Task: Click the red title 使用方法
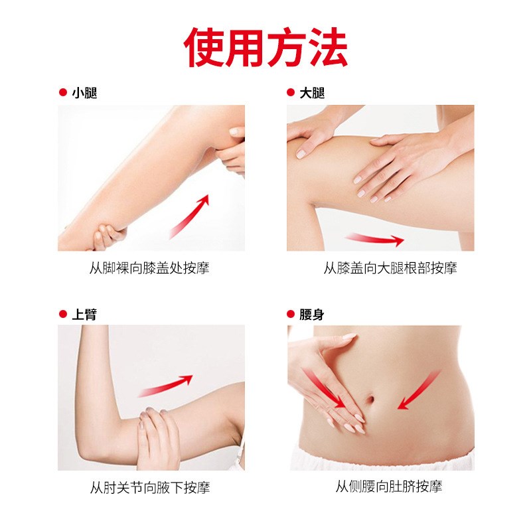(265, 47)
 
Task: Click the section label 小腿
(84, 93)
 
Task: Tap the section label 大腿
(312, 93)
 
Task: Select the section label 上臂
(84, 314)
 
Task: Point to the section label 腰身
(312, 314)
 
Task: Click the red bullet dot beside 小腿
(62, 93)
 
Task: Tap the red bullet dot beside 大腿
(290, 93)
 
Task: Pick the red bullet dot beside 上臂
(62, 314)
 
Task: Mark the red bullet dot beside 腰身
(290, 314)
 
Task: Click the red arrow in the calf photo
(189, 216)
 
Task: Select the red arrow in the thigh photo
(374, 239)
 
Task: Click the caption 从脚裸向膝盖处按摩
(153, 268)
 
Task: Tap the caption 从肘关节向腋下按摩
(150, 488)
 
